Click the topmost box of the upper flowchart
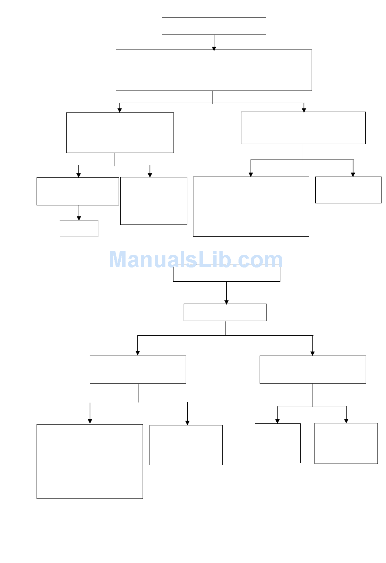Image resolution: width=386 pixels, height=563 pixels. [214, 26]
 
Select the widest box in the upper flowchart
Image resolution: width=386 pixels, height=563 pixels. [214, 70]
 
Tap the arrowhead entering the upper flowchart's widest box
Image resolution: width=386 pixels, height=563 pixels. [214, 48]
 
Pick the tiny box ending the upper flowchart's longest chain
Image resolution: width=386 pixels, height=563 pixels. [79, 229]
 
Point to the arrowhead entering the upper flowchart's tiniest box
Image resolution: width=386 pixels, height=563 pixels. [79, 218]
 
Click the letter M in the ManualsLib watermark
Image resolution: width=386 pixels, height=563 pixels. [119, 259]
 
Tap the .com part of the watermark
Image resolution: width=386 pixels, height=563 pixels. [260, 259]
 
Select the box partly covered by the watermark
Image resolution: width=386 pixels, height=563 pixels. [226, 274]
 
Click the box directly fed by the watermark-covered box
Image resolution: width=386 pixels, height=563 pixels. [225, 312]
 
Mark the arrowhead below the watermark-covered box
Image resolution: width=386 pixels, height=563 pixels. [226, 302]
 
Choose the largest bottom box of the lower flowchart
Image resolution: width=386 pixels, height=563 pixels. [89, 461]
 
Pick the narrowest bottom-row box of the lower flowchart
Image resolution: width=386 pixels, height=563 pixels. [278, 443]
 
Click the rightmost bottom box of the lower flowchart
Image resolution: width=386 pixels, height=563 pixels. [346, 443]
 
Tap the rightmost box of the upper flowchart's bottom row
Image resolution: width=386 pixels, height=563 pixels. [348, 190]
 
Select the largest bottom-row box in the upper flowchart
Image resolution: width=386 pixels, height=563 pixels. [251, 206]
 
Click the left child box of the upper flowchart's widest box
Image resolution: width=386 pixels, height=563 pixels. [120, 133]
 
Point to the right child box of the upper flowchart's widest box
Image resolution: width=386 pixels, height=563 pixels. [303, 128]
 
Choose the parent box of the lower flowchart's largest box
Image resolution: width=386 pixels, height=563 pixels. [138, 369]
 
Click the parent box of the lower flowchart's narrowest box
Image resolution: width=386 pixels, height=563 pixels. [312, 369]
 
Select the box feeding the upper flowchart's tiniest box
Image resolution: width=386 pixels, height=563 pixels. [78, 191]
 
